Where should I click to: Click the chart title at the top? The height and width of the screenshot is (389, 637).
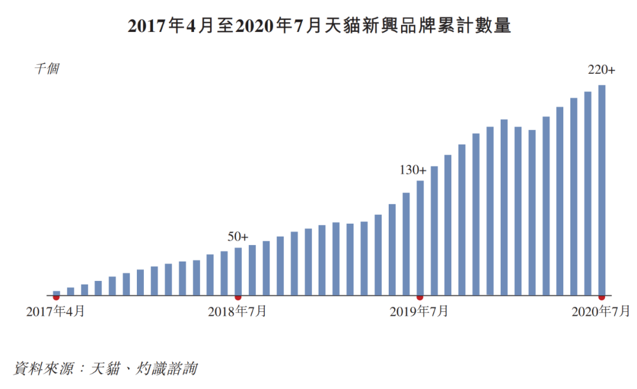coord(319,25)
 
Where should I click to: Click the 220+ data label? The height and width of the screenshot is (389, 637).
coord(601,70)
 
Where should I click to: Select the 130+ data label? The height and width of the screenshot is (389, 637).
coord(413,170)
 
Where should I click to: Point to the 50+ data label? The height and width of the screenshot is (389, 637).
coord(238,237)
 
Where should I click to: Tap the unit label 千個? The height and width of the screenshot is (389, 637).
coord(47,68)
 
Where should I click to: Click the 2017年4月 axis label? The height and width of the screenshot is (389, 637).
coord(55,311)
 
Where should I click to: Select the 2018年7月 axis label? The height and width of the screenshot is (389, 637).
coord(237,311)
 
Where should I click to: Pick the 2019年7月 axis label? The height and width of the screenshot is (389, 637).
coord(419,311)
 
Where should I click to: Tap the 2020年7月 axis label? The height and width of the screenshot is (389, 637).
coord(601,311)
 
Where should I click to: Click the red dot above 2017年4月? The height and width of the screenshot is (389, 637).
coord(57,298)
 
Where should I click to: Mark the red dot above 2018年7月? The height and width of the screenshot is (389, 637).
coord(238,298)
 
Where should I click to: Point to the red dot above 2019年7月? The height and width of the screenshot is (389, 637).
coord(420,298)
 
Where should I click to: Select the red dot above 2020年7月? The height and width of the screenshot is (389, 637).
coord(602,298)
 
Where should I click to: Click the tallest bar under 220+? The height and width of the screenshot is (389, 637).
coord(602,190)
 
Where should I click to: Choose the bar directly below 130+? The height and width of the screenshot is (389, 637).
coord(420,238)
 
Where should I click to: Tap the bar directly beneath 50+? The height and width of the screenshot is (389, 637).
coord(238,272)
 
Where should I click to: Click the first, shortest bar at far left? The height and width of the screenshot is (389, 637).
coord(57,293)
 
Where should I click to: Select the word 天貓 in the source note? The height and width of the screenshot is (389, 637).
coord(105,368)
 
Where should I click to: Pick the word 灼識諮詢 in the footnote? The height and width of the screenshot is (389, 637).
coord(166,368)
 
